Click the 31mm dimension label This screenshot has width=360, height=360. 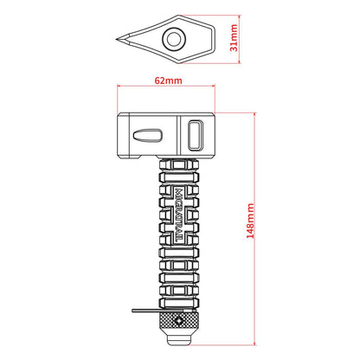point(234,38)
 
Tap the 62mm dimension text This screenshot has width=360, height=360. point(169,80)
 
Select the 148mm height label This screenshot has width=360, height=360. point(250,221)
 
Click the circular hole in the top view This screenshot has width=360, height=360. point(174,39)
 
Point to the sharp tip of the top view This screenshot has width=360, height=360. point(117,40)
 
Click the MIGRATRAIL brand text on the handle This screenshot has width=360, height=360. point(179,215)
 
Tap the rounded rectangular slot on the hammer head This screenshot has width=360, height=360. point(196,135)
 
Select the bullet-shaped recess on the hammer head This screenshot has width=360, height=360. point(147,136)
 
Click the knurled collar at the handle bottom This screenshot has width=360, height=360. point(179,322)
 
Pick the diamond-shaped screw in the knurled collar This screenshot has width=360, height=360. point(179,321)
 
